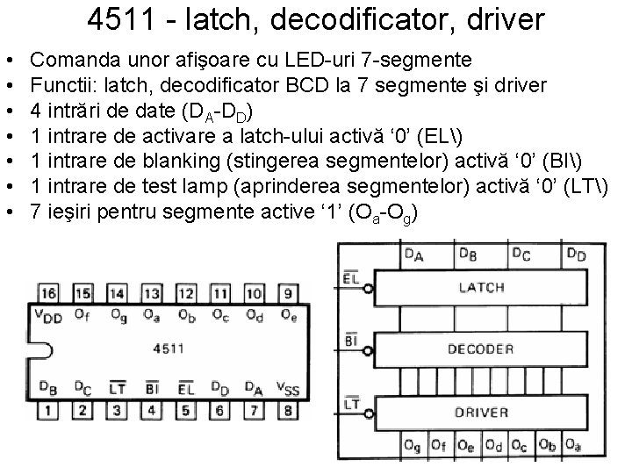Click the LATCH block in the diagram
481,287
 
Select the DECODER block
481,348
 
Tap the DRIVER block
481,412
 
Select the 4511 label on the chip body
168,348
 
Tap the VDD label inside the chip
48,317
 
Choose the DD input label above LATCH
576,255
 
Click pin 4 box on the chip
151,409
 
